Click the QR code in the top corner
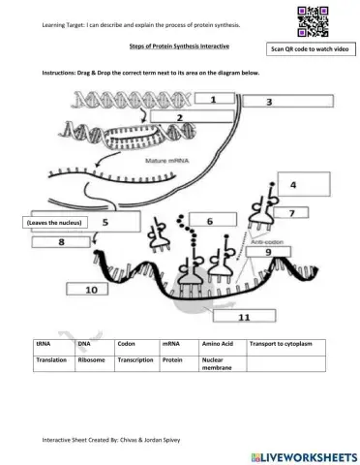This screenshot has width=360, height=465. (x=309, y=20)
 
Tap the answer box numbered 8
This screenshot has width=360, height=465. (x=62, y=242)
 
